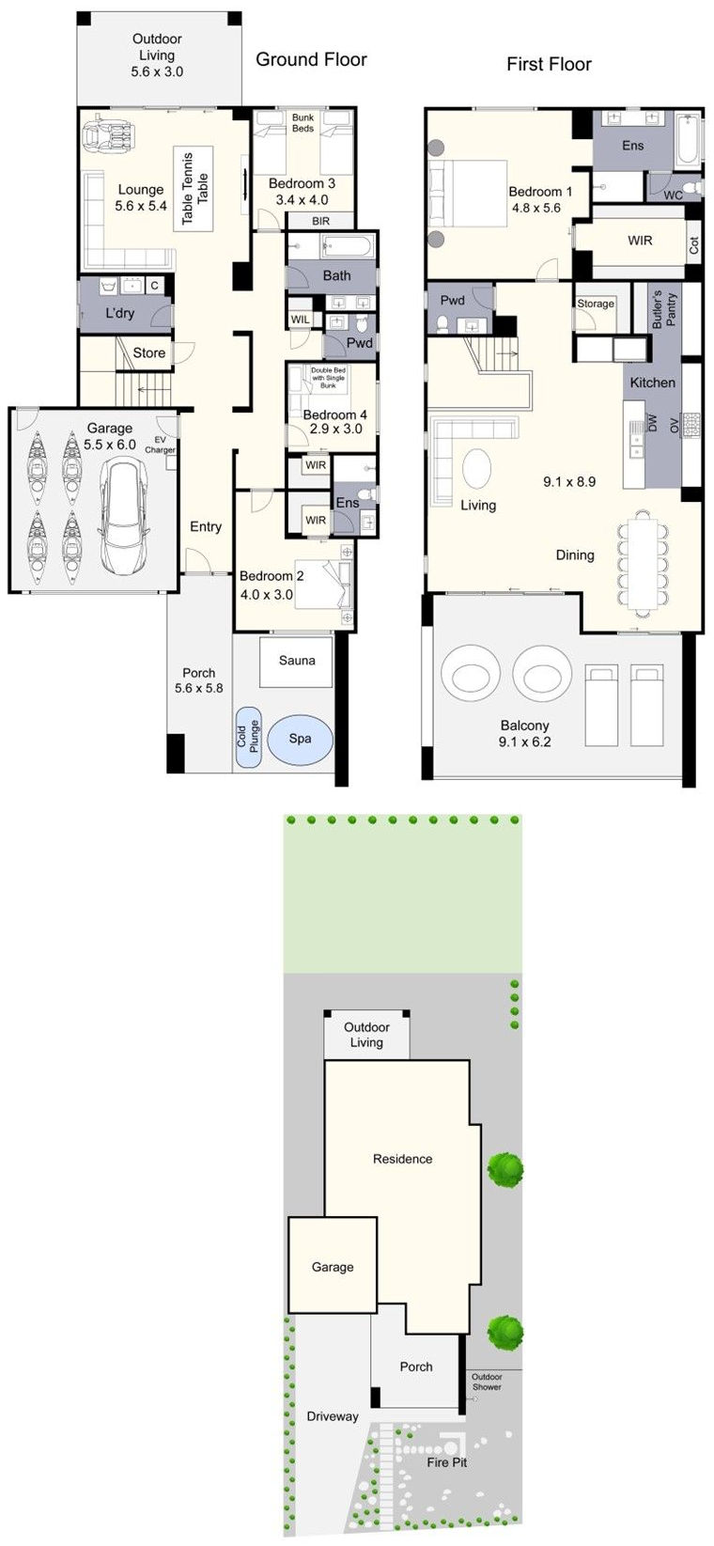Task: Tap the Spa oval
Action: coord(300,739)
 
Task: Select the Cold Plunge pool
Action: coord(247,737)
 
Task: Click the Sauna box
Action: coord(297,661)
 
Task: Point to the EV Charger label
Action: coord(160,445)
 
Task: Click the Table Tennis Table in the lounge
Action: coord(194,188)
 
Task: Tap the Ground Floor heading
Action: coord(311,59)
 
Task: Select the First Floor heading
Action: coord(549,64)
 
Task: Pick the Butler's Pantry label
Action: coord(663,310)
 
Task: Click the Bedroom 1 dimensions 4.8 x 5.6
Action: coord(535,208)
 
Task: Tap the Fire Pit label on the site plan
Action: coord(446,1461)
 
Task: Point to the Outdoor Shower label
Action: coord(487,1382)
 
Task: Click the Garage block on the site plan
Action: coord(333,1266)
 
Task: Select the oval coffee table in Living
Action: coord(476,467)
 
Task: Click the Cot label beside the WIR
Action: coord(693,245)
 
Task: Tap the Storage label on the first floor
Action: coord(596,304)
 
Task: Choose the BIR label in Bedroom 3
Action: coord(321,221)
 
